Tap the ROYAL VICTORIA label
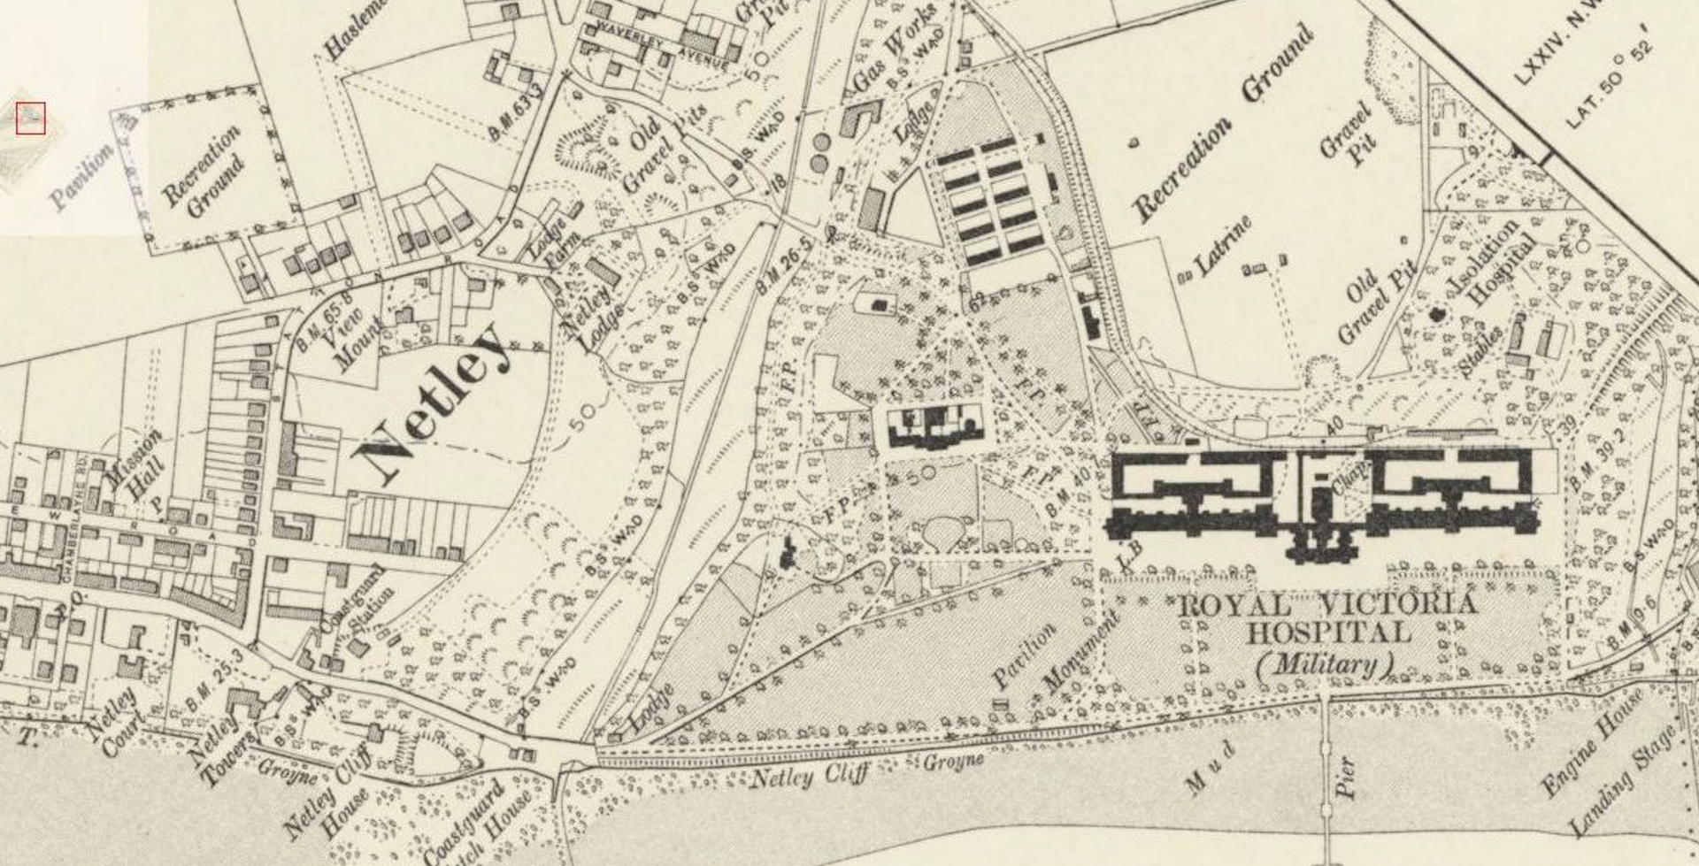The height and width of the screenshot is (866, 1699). (x=1327, y=606)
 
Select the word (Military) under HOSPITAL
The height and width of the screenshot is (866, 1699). (x=1325, y=663)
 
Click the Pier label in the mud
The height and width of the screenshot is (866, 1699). (x=1346, y=777)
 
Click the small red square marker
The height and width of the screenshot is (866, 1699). (x=30, y=118)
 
